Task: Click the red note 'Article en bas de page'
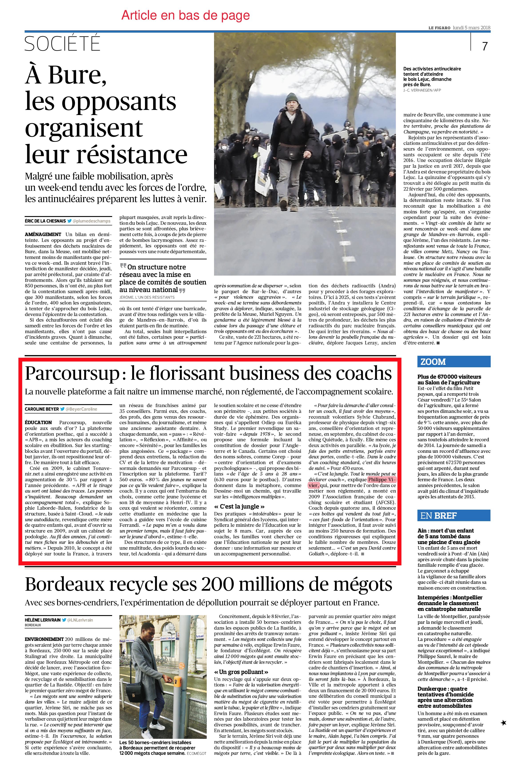pyautogui.click(x=185, y=15)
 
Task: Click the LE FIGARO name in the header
pyautogui.click(x=439, y=28)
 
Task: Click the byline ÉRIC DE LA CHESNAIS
pyautogui.click(x=45, y=221)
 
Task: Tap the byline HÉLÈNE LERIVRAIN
pyautogui.click(x=43, y=620)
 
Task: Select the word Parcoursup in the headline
pyautogui.click(x=71, y=374)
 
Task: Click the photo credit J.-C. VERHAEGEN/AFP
pyautogui.click(x=422, y=90)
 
